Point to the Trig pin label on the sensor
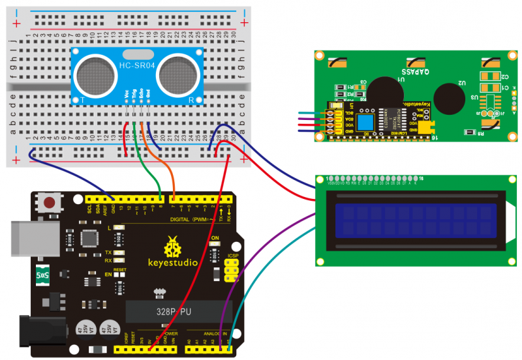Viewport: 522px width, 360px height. pyautogui.click(x=134, y=96)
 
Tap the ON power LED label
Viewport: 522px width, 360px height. pyautogui.click(x=216, y=239)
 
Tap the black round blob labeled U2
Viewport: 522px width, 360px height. pyautogui.click(x=447, y=97)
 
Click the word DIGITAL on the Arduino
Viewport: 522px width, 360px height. pyautogui.click(x=181, y=219)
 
